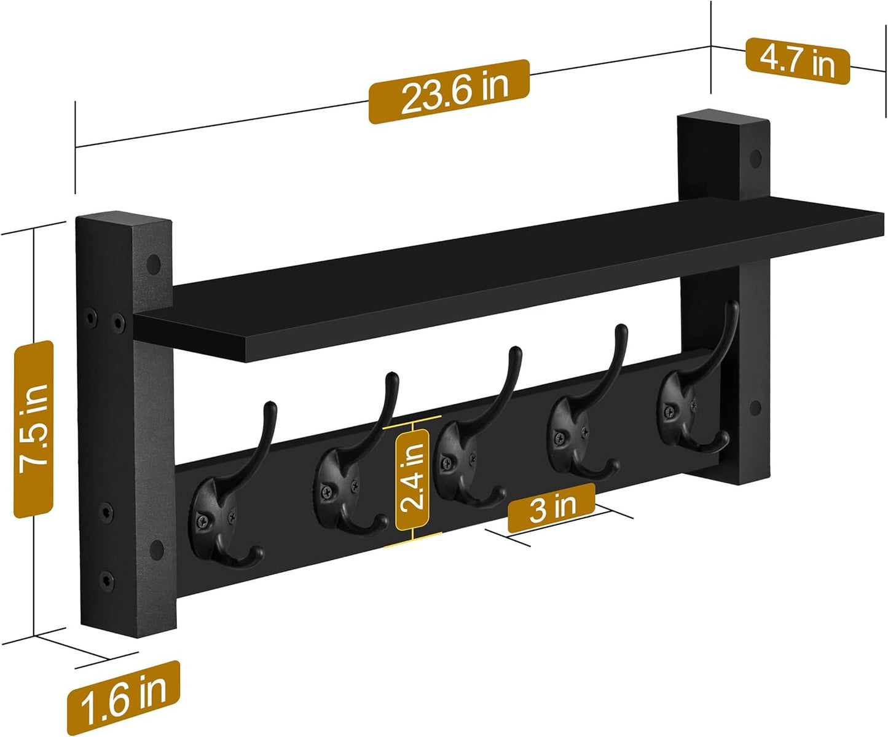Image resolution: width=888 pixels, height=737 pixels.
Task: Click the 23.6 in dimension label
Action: (449, 92)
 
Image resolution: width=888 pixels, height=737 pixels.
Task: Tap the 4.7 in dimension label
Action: (797, 61)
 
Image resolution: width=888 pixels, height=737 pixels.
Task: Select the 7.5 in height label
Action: (34, 429)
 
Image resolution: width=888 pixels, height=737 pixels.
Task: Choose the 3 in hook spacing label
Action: (551, 508)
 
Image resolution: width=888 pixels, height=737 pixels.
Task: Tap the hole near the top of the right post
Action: (756, 158)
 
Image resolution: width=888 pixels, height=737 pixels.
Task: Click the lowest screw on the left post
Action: (106, 578)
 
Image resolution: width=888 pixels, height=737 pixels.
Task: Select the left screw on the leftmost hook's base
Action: (202, 522)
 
